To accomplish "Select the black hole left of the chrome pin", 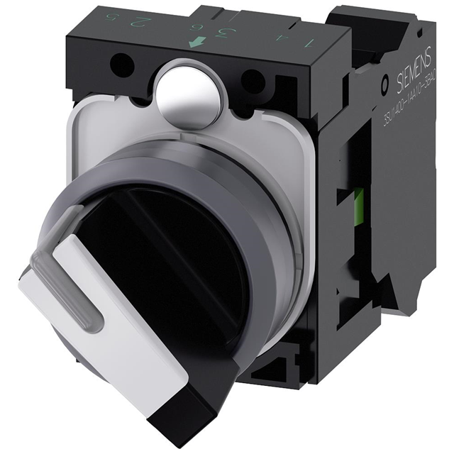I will [x=123, y=67].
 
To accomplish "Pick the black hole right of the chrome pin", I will [x=252, y=80].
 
